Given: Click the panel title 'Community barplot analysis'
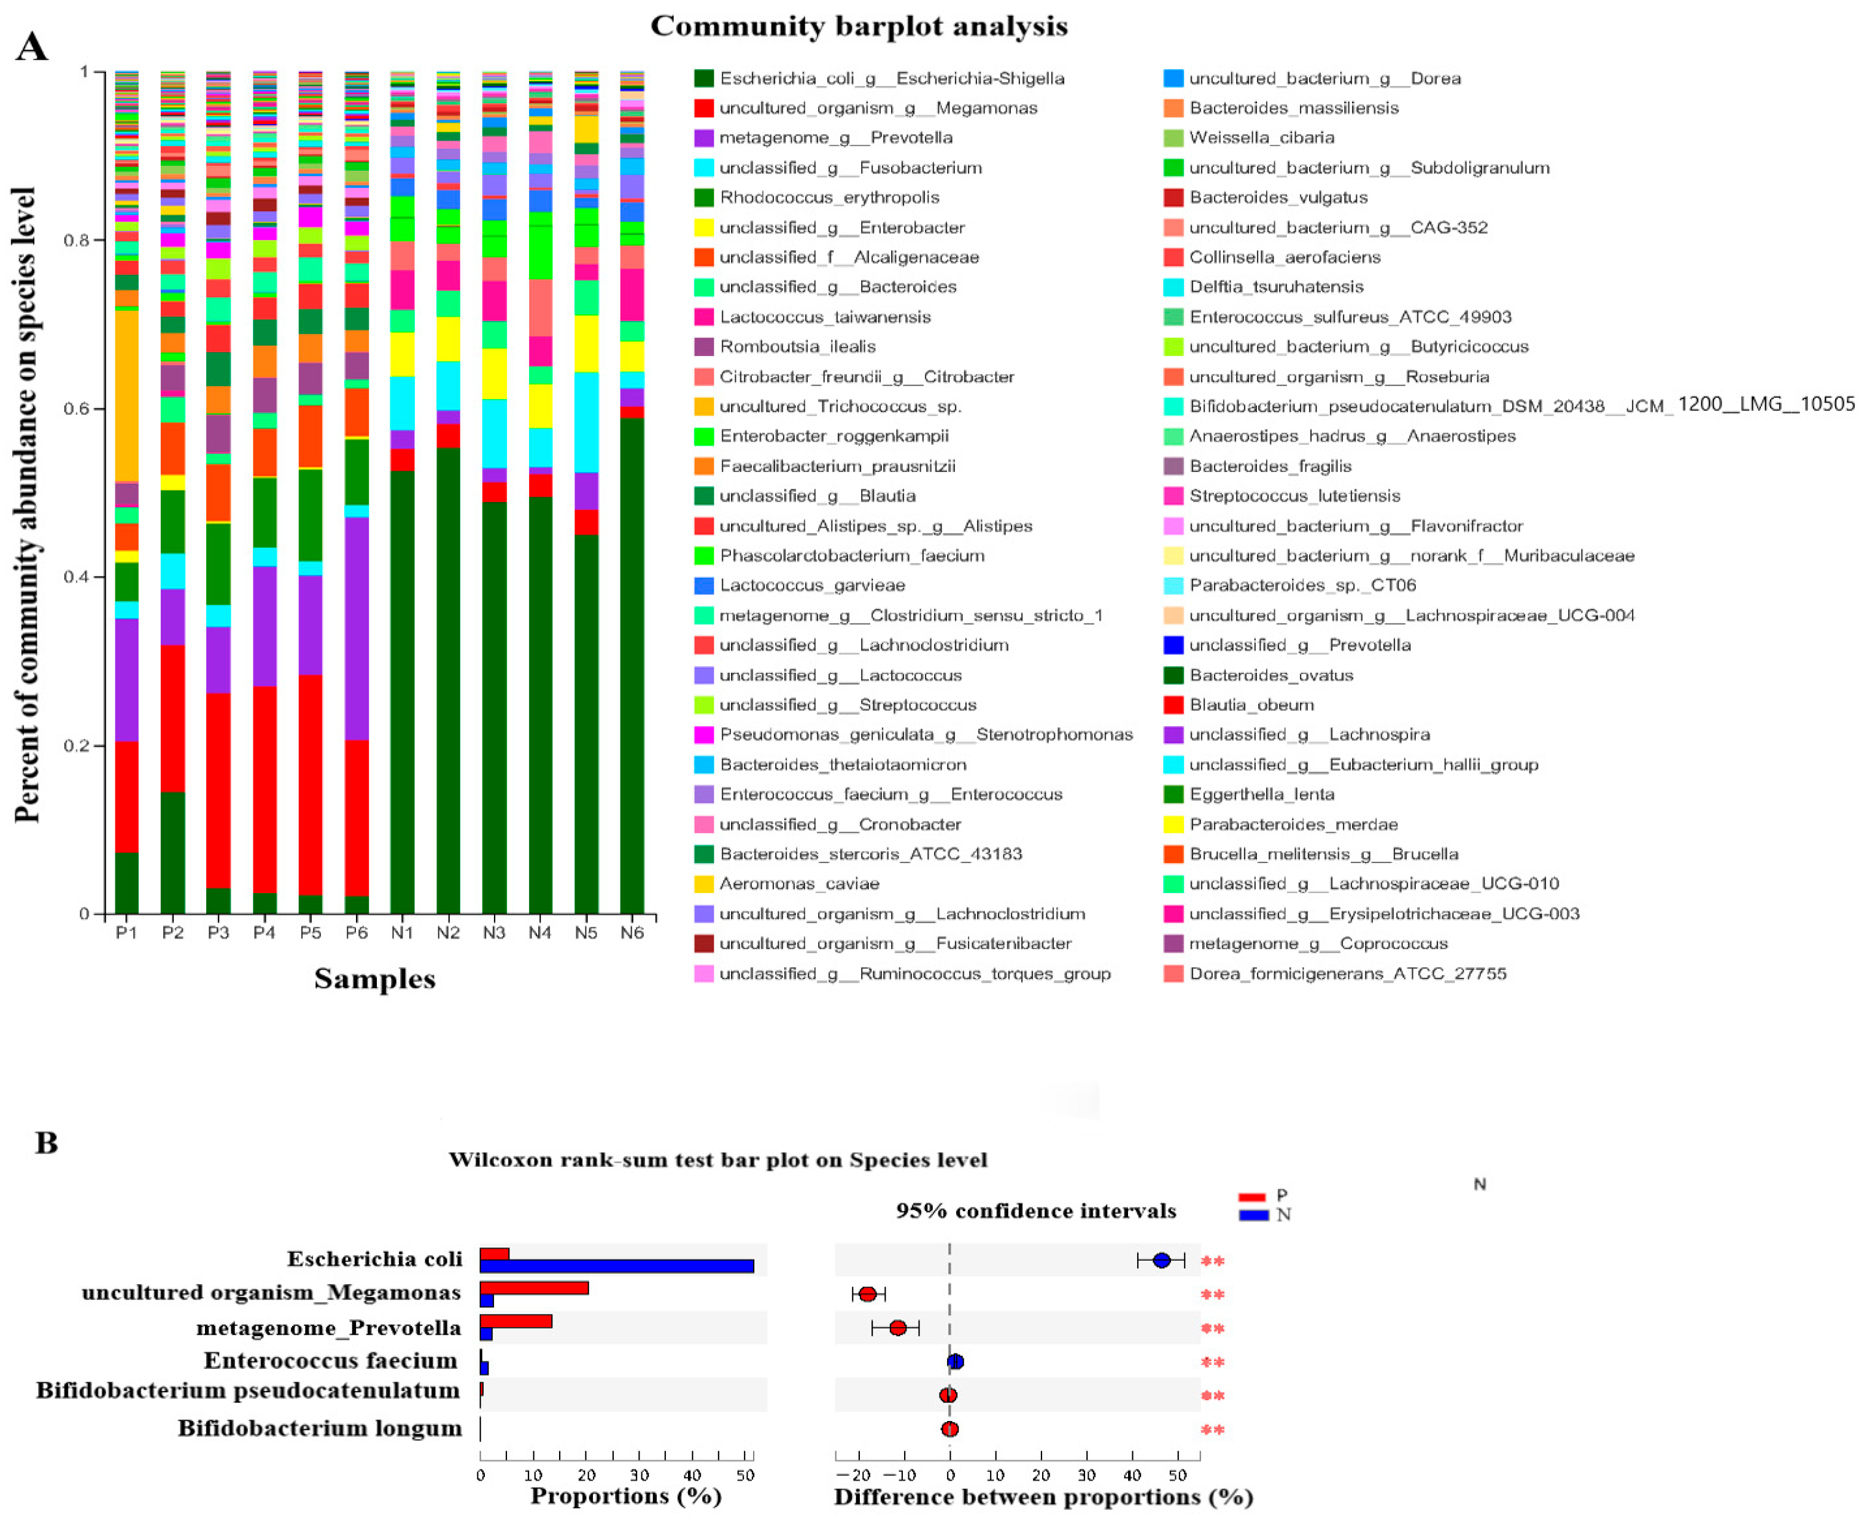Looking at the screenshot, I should (x=858, y=26).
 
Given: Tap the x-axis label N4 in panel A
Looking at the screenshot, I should (x=539, y=932).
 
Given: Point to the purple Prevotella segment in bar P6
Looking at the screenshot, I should (x=356, y=629).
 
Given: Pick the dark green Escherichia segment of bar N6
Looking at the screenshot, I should (x=632, y=668).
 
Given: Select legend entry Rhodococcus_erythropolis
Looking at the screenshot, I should (x=829, y=198).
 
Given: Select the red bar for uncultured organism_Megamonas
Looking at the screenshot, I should (x=533, y=1288).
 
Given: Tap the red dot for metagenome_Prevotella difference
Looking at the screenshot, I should (x=897, y=1327).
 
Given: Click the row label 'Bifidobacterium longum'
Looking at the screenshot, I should (x=319, y=1428).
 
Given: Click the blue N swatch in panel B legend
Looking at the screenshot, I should (x=1253, y=1215).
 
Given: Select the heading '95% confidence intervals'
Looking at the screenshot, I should (x=1035, y=1211).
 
